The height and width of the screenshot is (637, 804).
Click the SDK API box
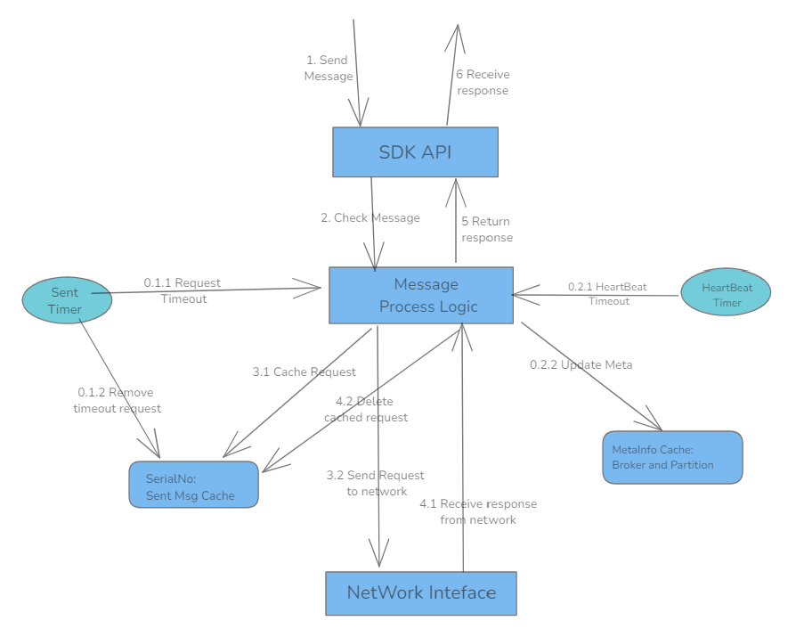point(415,152)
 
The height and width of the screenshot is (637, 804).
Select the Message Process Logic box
point(421,295)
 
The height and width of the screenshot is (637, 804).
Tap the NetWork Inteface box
point(421,592)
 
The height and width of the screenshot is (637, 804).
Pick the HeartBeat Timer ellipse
point(726,294)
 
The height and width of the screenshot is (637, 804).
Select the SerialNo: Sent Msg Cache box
point(193,486)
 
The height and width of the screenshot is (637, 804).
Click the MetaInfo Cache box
point(671,458)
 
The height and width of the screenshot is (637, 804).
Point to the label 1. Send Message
point(329,69)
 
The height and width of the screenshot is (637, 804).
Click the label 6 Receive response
point(483,83)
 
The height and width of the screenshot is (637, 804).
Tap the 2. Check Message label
point(370,217)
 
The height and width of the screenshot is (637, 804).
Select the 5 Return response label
point(486,230)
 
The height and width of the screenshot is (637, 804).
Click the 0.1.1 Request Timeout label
point(183,291)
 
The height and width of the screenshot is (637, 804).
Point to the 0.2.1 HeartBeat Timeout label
point(608,294)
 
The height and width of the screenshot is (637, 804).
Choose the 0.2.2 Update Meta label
point(581,365)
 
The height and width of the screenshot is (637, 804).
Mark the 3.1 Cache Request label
point(305,372)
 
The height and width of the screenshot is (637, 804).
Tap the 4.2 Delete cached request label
point(366,409)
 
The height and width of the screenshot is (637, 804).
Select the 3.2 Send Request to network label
point(376,483)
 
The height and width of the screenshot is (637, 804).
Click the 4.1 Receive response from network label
point(478,511)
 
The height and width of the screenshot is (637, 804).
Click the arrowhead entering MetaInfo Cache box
point(654,424)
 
